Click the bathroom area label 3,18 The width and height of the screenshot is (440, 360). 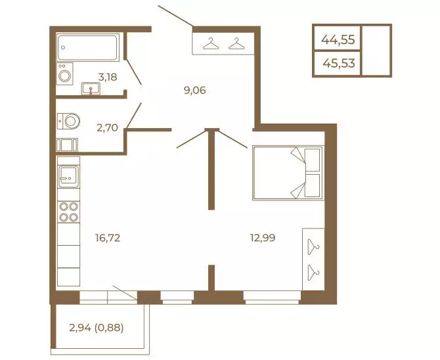(x=107, y=77)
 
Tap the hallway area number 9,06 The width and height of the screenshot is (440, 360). (x=195, y=91)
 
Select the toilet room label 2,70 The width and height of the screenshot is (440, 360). (x=107, y=128)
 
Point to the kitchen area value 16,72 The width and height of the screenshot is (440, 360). (x=108, y=238)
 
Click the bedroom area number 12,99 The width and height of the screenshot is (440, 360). (x=263, y=238)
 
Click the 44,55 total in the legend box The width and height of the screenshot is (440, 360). (x=338, y=39)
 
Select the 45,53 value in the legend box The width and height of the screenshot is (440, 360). (x=339, y=63)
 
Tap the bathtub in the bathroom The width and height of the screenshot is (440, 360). (x=87, y=47)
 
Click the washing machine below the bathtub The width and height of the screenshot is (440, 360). (x=65, y=74)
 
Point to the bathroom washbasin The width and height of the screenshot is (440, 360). (x=91, y=89)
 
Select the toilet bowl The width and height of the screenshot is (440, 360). (x=69, y=122)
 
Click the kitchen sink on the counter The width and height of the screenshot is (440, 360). (x=69, y=176)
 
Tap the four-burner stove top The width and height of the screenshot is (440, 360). (x=69, y=212)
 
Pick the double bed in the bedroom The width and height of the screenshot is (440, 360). (x=288, y=173)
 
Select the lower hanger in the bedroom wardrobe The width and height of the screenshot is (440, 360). (x=313, y=273)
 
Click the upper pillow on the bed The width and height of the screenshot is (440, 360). (x=312, y=160)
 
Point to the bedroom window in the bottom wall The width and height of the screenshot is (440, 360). (x=272, y=298)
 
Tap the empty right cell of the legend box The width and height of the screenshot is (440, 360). (x=376, y=51)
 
